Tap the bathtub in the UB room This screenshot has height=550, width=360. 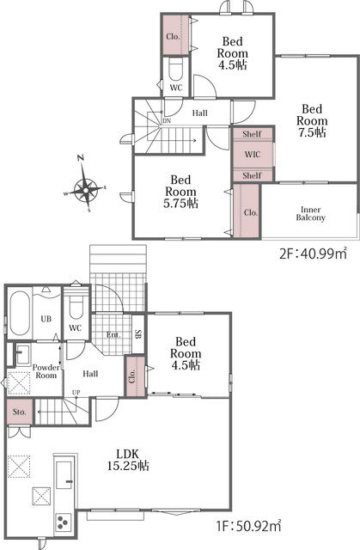click(20, 314)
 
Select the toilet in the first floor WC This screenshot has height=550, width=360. click(75, 304)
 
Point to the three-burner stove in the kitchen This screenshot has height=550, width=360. click(64, 523)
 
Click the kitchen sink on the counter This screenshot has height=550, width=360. click(64, 475)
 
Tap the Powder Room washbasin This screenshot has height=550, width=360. click(21, 354)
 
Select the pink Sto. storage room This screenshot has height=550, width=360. click(20, 412)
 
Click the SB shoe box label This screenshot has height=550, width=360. click(137, 334)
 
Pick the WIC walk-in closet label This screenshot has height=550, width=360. click(253, 155)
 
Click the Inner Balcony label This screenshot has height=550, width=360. click(310, 214)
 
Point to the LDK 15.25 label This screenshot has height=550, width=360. click(128, 460)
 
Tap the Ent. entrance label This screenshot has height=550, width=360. click(113, 335)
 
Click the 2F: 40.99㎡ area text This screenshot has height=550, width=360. click(313, 253)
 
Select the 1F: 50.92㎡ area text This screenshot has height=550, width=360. click(248, 526)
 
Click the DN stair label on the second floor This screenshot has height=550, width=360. click(167, 121)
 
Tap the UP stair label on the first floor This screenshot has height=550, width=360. click(76, 393)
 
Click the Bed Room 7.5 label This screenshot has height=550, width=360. click(312, 120)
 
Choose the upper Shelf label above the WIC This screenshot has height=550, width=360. click(252, 134)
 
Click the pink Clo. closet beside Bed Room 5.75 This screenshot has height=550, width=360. click(247, 211)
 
